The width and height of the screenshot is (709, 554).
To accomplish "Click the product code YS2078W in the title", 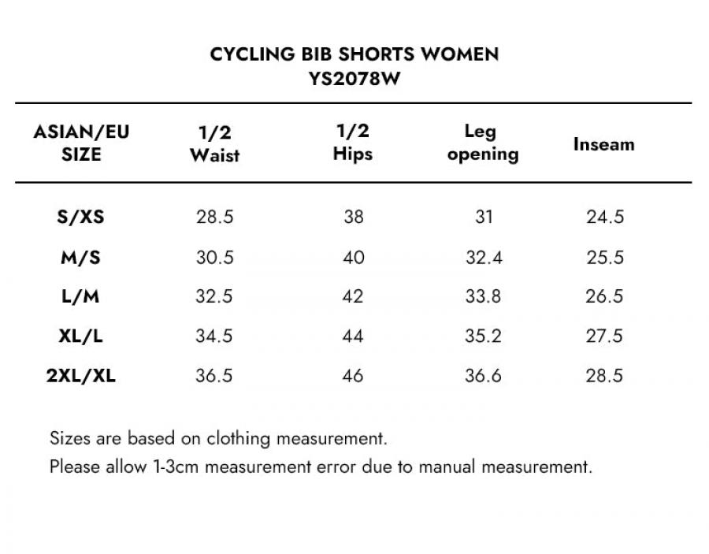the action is pyautogui.click(x=354, y=79).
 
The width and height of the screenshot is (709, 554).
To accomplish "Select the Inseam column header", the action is pyautogui.click(x=604, y=144).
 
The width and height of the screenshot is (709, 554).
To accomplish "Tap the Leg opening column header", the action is pyautogui.click(x=483, y=143).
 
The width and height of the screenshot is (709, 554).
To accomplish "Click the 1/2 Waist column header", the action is pyautogui.click(x=215, y=143).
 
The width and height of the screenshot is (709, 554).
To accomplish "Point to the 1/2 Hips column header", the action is pyautogui.click(x=353, y=143).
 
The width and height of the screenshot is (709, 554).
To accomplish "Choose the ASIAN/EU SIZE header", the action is pyautogui.click(x=81, y=143).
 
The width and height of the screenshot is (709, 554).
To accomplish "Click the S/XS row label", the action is pyautogui.click(x=81, y=217).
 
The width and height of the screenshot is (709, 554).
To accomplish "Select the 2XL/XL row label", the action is pyautogui.click(x=81, y=376).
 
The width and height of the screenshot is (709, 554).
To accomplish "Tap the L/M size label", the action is pyautogui.click(x=80, y=296).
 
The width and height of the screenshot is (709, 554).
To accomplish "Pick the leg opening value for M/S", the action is pyautogui.click(x=484, y=258).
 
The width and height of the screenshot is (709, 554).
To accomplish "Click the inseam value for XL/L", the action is pyautogui.click(x=604, y=336).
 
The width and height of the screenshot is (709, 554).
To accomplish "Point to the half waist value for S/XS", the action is pyautogui.click(x=215, y=217).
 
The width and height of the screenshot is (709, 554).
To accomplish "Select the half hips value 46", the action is pyautogui.click(x=353, y=376).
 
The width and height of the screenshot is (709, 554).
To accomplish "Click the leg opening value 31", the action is pyautogui.click(x=484, y=217).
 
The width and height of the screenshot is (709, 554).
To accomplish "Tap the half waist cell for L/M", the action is pyautogui.click(x=213, y=296).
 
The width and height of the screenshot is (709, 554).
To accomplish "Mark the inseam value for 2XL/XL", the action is pyautogui.click(x=604, y=376).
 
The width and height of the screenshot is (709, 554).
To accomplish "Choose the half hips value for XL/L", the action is pyautogui.click(x=353, y=336).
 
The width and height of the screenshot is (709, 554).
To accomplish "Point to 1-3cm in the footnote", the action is pyautogui.click(x=176, y=467).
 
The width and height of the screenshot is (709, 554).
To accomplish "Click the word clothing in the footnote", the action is pyautogui.click(x=238, y=439).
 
